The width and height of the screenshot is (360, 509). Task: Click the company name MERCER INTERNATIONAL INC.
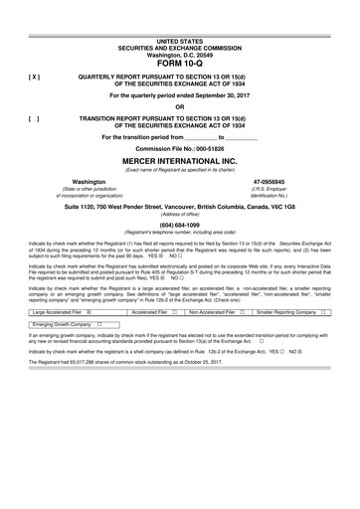point(179,160)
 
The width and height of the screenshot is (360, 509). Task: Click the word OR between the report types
point(179,105)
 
